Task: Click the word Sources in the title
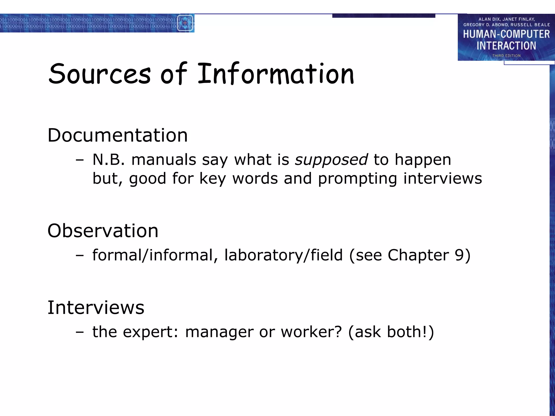pyautogui.click(x=99, y=74)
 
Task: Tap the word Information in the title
pyautogui.click(x=276, y=73)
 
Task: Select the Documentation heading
pyautogui.click(x=118, y=135)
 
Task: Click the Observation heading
pyautogui.click(x=103, y=231)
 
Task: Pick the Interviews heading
pyautogui.click(x=96, y=308)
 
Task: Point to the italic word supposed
pyautogui.click(x=331, y=160)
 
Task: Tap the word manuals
pyautogui.click(x=164, y=160)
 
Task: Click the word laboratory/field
pyautogui.click(x=283, y=255)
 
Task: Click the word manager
pyautogui.click(x=219, y=332)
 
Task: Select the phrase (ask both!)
pyautogui.click(x=391, y=332)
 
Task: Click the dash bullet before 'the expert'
pyautogui.click(x=80, y=332)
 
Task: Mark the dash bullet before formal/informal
pyautogui.click(x=80, y=255)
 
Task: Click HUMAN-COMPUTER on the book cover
pyautogui.click(x=506, y=34)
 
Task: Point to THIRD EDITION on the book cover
pyautogui.click(x=506, y=56)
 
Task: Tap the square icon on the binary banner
pyautogui.click(x=185, y=23)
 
